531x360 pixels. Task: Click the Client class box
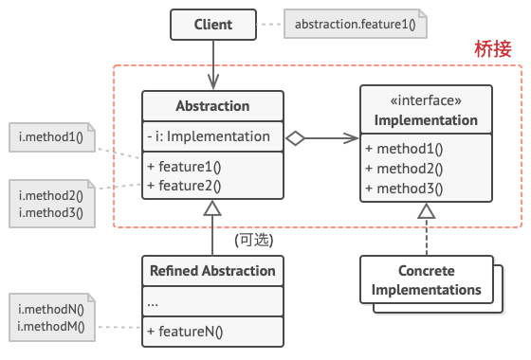[212, 24]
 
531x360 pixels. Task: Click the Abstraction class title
[212, 106]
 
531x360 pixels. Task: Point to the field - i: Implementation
[209, 136]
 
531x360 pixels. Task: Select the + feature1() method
[184, 167]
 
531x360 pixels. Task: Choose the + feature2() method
[184, 185]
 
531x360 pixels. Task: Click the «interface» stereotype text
[426, 100]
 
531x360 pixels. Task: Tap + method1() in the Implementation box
[404, 149]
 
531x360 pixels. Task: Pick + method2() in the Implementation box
[404, 168]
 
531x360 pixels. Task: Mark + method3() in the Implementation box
[404, 187]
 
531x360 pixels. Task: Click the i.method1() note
[50, 136]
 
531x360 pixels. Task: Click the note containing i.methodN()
[50, 318]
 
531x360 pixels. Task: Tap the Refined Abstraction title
[212, 271]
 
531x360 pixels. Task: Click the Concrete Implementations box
[426, 280]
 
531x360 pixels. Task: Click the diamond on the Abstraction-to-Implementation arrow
[294, 137]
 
